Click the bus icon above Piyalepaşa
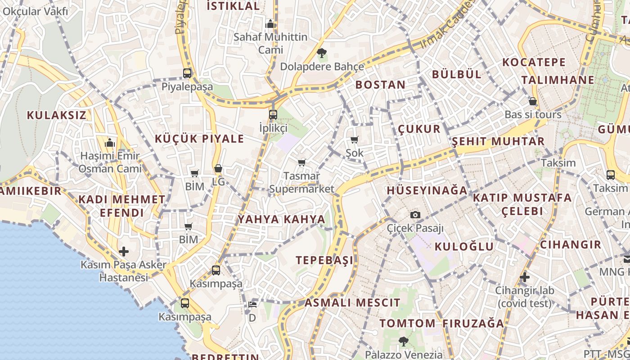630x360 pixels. [x=187, y=73]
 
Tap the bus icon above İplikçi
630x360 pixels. [x=273, y=114]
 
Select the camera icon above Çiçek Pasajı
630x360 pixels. [x=415, y=215]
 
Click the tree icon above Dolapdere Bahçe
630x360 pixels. [x=321, y=54]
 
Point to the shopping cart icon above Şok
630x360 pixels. [x=355, y=140]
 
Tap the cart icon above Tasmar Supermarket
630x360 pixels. [x=301, y=162]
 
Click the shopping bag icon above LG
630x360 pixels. [x=218, y=169]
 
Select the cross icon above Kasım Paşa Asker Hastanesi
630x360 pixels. [x=124, y=252]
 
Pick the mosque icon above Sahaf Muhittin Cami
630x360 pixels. [x=270, y=24]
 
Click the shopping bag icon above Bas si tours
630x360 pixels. [x=533, y=101]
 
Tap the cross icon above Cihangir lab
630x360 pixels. [x=524, y=277]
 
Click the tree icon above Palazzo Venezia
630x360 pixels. [x=403, y=341]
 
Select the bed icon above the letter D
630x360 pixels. [x=252, y=304]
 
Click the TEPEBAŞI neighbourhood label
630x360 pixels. [x=324, y=260]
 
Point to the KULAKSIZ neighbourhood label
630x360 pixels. [x=56, y=115]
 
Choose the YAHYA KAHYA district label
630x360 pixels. [x=281, y=220]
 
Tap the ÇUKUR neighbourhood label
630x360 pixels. [x=419, y=130]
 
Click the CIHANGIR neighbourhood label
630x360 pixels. [x=571, y=245]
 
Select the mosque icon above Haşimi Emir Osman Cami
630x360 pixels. [x=110, y=143]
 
